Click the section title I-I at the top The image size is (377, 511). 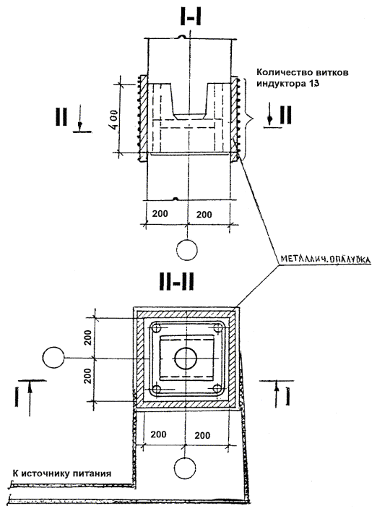pos(191,16)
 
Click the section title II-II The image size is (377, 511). pos(177,282)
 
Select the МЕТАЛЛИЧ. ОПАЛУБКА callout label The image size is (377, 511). pos(325,259)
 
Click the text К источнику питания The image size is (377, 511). pos(62,473)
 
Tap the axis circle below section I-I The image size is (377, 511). pos(187,250)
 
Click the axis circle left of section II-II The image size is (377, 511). pos(53,358)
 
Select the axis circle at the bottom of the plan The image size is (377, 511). pos(185,468)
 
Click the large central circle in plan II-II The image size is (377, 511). pos(186,358)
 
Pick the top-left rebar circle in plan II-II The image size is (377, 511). pos(155,328)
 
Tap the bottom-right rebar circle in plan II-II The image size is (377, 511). pos(217,388)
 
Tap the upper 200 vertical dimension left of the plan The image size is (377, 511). pos(88,338)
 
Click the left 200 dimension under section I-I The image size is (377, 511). pos(160,213)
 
